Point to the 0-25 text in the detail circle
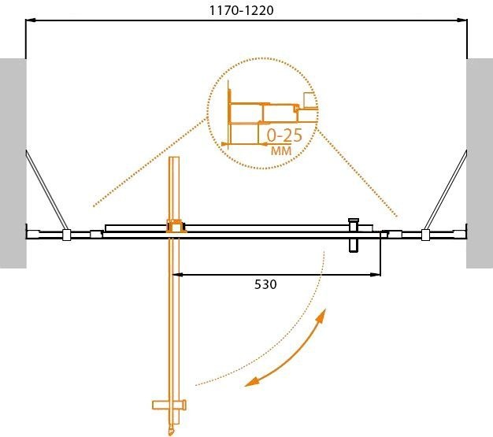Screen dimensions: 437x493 284,134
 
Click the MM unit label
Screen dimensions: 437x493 280,150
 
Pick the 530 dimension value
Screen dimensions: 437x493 265,284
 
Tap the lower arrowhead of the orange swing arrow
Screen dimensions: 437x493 250,383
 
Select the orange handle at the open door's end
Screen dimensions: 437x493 169,406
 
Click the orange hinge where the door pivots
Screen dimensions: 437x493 174,226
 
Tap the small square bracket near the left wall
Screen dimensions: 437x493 67,234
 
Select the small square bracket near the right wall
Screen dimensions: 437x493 425,234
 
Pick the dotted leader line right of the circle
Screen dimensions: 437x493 358,178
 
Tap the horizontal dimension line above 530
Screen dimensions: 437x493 276,275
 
